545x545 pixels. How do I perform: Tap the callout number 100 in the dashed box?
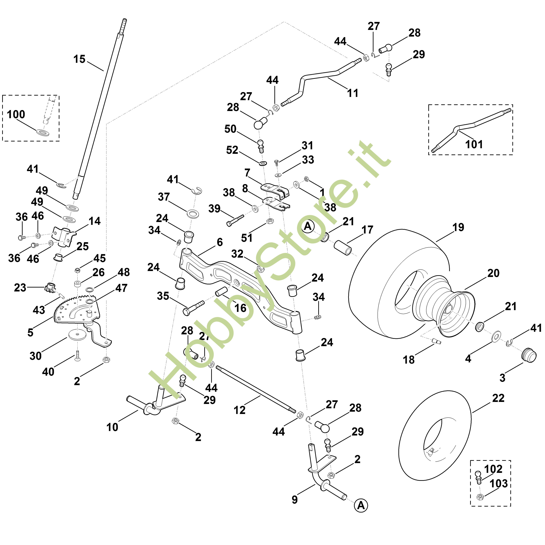(16, 115)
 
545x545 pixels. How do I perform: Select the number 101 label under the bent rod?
(474, 144)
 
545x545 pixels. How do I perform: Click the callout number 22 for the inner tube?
(498, 398)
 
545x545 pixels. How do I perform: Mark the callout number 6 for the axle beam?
(220, 242)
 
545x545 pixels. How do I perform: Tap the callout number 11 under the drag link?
(353, 93)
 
